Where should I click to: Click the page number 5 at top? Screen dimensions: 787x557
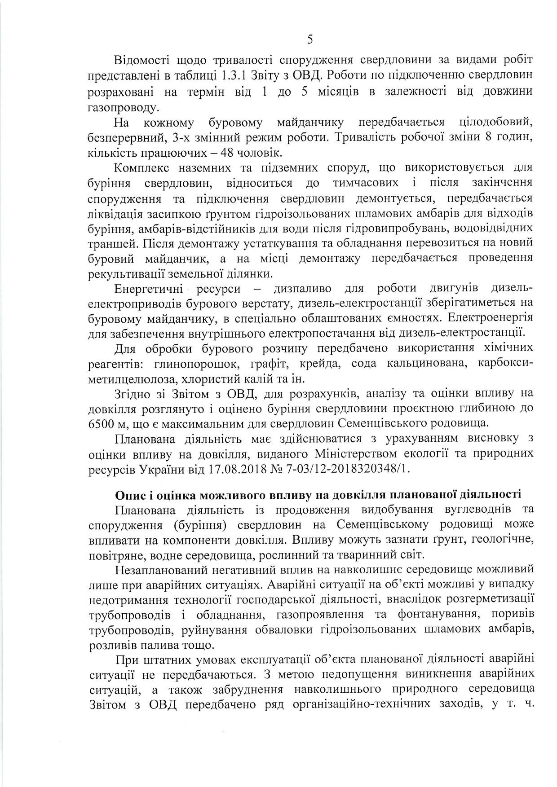coord(310,40)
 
